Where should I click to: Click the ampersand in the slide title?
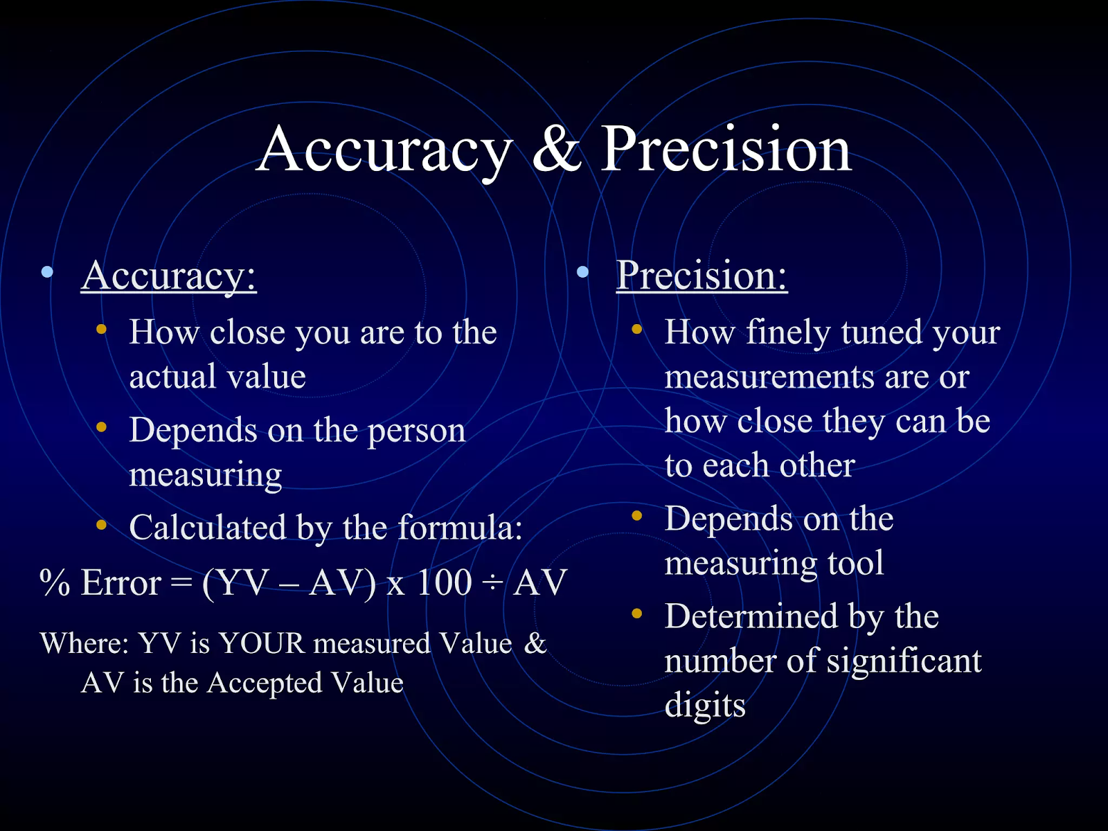pyautogui.click(x=557, y=149)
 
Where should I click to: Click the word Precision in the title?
pyautogui.click(x=725, y=149)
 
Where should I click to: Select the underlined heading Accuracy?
pyautogui.click(x=169, y=276)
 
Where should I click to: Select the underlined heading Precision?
pyautogui.click(x=702, y=276)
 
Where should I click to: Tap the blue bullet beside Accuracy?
pyautogui.click(x=47, y=272)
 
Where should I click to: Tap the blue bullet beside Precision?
pyautogui.click(x=582, y=272)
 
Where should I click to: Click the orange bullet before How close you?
pyautogui.click(x=102, y=329)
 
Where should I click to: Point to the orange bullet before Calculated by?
pyautogui.click(x=102, y=525)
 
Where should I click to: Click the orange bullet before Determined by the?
pyautogui.click(x=637, y=613)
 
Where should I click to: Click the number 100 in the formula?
pyautogui.click(x=444, y=582)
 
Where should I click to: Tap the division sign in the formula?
pyautogui.click(x=492, y=583)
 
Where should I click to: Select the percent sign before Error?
pyautogui.click(x=55, y=582)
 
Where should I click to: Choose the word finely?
pyautogui.click(x=788, y=332)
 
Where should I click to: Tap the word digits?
pyautogui.click(x=705, y=706)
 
